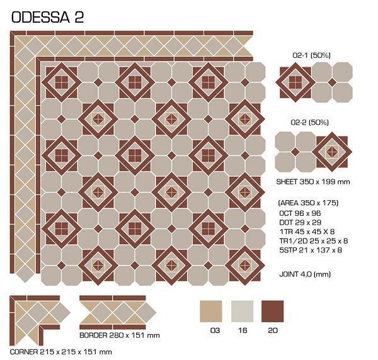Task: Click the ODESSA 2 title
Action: click(47, 18)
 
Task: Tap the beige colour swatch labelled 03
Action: click(210, 311)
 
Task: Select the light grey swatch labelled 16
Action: click(243, 311)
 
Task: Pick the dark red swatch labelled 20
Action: click(273, 311)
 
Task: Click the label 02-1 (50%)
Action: click(311, 55)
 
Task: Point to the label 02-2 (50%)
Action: click(310, 122)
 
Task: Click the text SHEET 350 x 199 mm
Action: click(313, 181)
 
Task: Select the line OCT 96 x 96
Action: click(300, 213)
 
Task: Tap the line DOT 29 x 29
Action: click(301, 222)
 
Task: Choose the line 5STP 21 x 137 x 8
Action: click(311, 250)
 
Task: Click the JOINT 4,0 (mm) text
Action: click(305, 274)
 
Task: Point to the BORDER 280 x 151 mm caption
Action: click(120, 335)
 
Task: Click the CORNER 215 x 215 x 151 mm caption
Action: click(61, 352)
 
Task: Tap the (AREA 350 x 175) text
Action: click(308, 203)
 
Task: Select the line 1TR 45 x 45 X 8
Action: click(307, 232)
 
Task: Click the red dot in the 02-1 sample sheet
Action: click(332, 82)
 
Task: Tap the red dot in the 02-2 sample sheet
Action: click(295, 152)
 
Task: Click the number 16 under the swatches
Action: click(243, 330)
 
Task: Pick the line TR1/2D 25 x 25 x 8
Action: click(314, 241)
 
